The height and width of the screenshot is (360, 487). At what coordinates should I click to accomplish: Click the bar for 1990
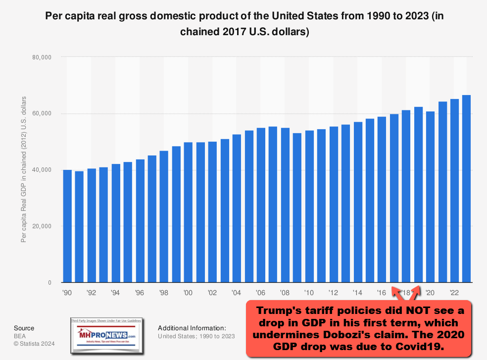click(x=67, y=226)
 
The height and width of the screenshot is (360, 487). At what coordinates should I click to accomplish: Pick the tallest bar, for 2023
click(x=467, y=189)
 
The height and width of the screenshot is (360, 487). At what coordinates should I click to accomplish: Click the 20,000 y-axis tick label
click(x=42, y=226)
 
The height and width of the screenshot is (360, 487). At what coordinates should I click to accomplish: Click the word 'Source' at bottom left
click(x=24, y=328)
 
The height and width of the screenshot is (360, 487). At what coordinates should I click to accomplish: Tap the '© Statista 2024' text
click(x=34, y=344)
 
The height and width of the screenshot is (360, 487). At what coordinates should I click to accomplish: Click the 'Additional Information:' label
click(x=192, y=328)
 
